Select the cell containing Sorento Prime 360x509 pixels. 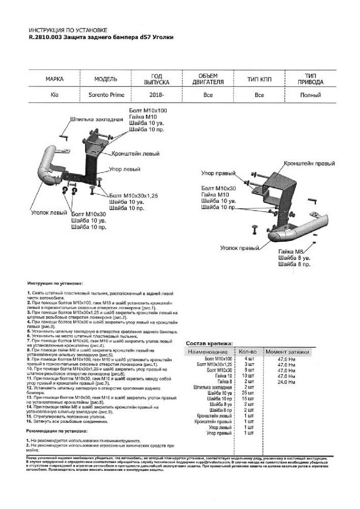click(106, 95)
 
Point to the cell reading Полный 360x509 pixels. click(310, 95)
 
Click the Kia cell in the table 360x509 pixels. click(55, 95)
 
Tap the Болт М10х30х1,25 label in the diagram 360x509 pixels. click(133, 196)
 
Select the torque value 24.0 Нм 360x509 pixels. click(286, 382)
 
